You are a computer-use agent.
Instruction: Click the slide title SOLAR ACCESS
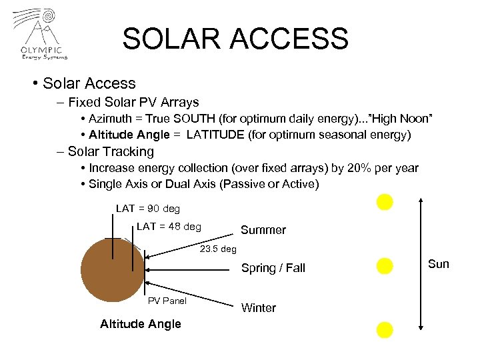pyautogui.click(x=235, y=39)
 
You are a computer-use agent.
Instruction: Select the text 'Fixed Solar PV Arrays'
pyautogui.click(x=133, y=103)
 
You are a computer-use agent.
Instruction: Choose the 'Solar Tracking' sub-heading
pyautogui.click(x=111, y=151)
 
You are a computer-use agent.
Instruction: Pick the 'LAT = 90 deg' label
pyautogui.click(x=148, y=209)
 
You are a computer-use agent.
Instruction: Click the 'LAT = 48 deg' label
pyautogui.click(x=169, y=227)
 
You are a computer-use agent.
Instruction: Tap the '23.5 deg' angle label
pyautogui.click(x=219, y=249)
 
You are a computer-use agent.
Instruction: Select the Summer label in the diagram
pyautogui.click(x=263, y=230)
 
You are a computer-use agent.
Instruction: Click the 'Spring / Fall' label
pyautogui.click(x=273, y=268)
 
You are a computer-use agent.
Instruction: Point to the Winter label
pyautogui.click(x=258, y=308)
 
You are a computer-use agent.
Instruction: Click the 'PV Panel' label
pyautogui.click(x=167, y=301)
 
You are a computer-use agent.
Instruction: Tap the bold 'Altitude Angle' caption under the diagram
pyautogui.click(x=140, y=324)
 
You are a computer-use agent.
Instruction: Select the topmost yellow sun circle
pyautogui.click(x=385, y=202)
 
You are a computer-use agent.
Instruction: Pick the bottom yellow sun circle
pyautogui.click(x=385, y=329)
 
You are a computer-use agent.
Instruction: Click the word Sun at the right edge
pyautogui.click(x=438, y=264)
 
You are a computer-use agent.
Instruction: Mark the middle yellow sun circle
pyautogui.click(x=385, y=267)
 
